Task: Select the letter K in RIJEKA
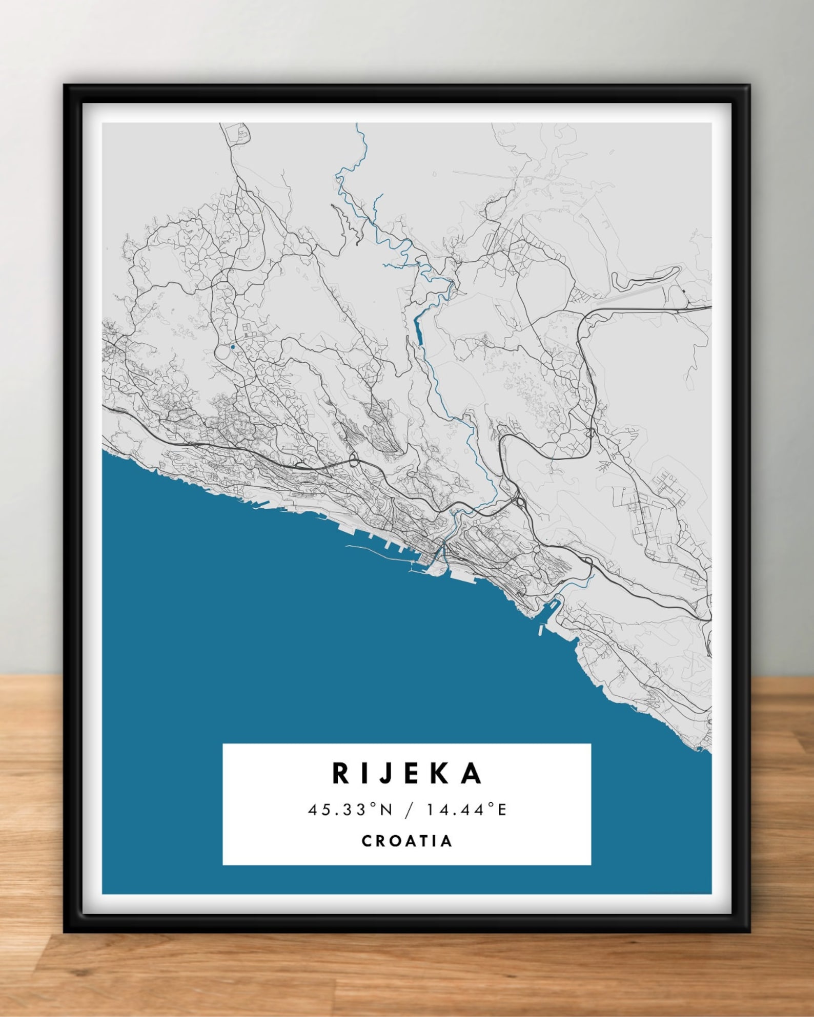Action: [x=441, y=774]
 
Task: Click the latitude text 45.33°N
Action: [x=350, y=810]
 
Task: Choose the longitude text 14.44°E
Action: [x=466, y=810]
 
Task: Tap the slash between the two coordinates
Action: [x=409, y=810]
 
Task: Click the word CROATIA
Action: [x=407, y=841]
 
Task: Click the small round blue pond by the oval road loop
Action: [x=233, y=347]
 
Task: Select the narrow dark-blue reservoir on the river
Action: [x=419, y=332]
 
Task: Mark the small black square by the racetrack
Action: [x=684, y=292]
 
